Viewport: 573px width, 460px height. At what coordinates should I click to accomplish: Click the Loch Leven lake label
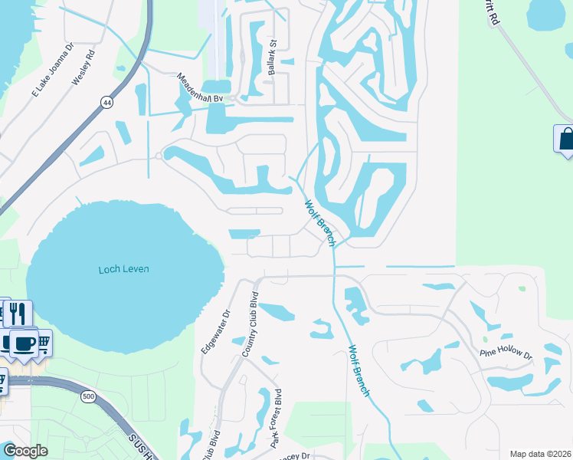[x=123, y=269]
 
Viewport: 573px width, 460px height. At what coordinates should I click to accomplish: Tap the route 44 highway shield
[x=105, y=102]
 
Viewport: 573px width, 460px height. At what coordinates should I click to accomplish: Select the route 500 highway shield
[x=89, y=396]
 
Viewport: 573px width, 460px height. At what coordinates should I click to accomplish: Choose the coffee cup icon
[x=23, y=343]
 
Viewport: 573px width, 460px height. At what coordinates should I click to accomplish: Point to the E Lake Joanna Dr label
[x=51, y=71]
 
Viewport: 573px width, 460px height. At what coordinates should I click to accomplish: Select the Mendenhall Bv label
[x=200, y=88]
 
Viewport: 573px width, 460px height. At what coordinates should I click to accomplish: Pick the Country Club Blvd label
[x=250, y=324]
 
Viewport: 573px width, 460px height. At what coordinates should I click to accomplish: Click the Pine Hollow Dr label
[x=506, y=353]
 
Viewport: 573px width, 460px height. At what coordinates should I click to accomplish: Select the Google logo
[x=25, y=451]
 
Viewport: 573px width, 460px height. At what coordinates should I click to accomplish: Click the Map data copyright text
[x=539, y=454]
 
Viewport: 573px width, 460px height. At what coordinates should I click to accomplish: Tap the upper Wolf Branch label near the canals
[x=319, y=223]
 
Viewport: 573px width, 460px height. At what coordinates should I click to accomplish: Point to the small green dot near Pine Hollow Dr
[x=484, y=339]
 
